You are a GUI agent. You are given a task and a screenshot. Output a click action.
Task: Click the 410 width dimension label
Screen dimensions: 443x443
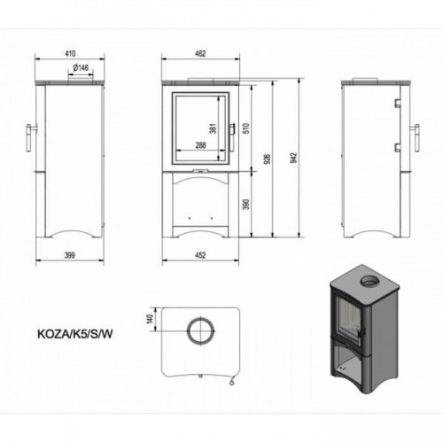pos(70,53)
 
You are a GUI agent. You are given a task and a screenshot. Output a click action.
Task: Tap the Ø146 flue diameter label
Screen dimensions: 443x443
pos(81,67)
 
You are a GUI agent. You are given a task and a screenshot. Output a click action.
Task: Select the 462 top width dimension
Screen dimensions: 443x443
pos(200,53)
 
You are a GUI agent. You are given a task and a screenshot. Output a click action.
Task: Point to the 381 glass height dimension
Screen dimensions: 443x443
pos(214,128)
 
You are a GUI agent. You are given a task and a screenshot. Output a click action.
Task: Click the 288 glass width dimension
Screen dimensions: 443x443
pos(200,145)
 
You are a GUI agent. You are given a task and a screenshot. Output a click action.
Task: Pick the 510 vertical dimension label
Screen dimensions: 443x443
pos(246,128)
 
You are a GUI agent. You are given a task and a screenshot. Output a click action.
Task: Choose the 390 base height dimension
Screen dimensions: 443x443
pos(246,205)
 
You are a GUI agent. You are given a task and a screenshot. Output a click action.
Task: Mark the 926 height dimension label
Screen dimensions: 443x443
pos(268,159)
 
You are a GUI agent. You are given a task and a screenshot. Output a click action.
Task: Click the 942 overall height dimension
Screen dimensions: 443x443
pos(293,158)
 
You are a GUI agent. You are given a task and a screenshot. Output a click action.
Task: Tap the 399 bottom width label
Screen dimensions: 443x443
pos(70,255)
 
